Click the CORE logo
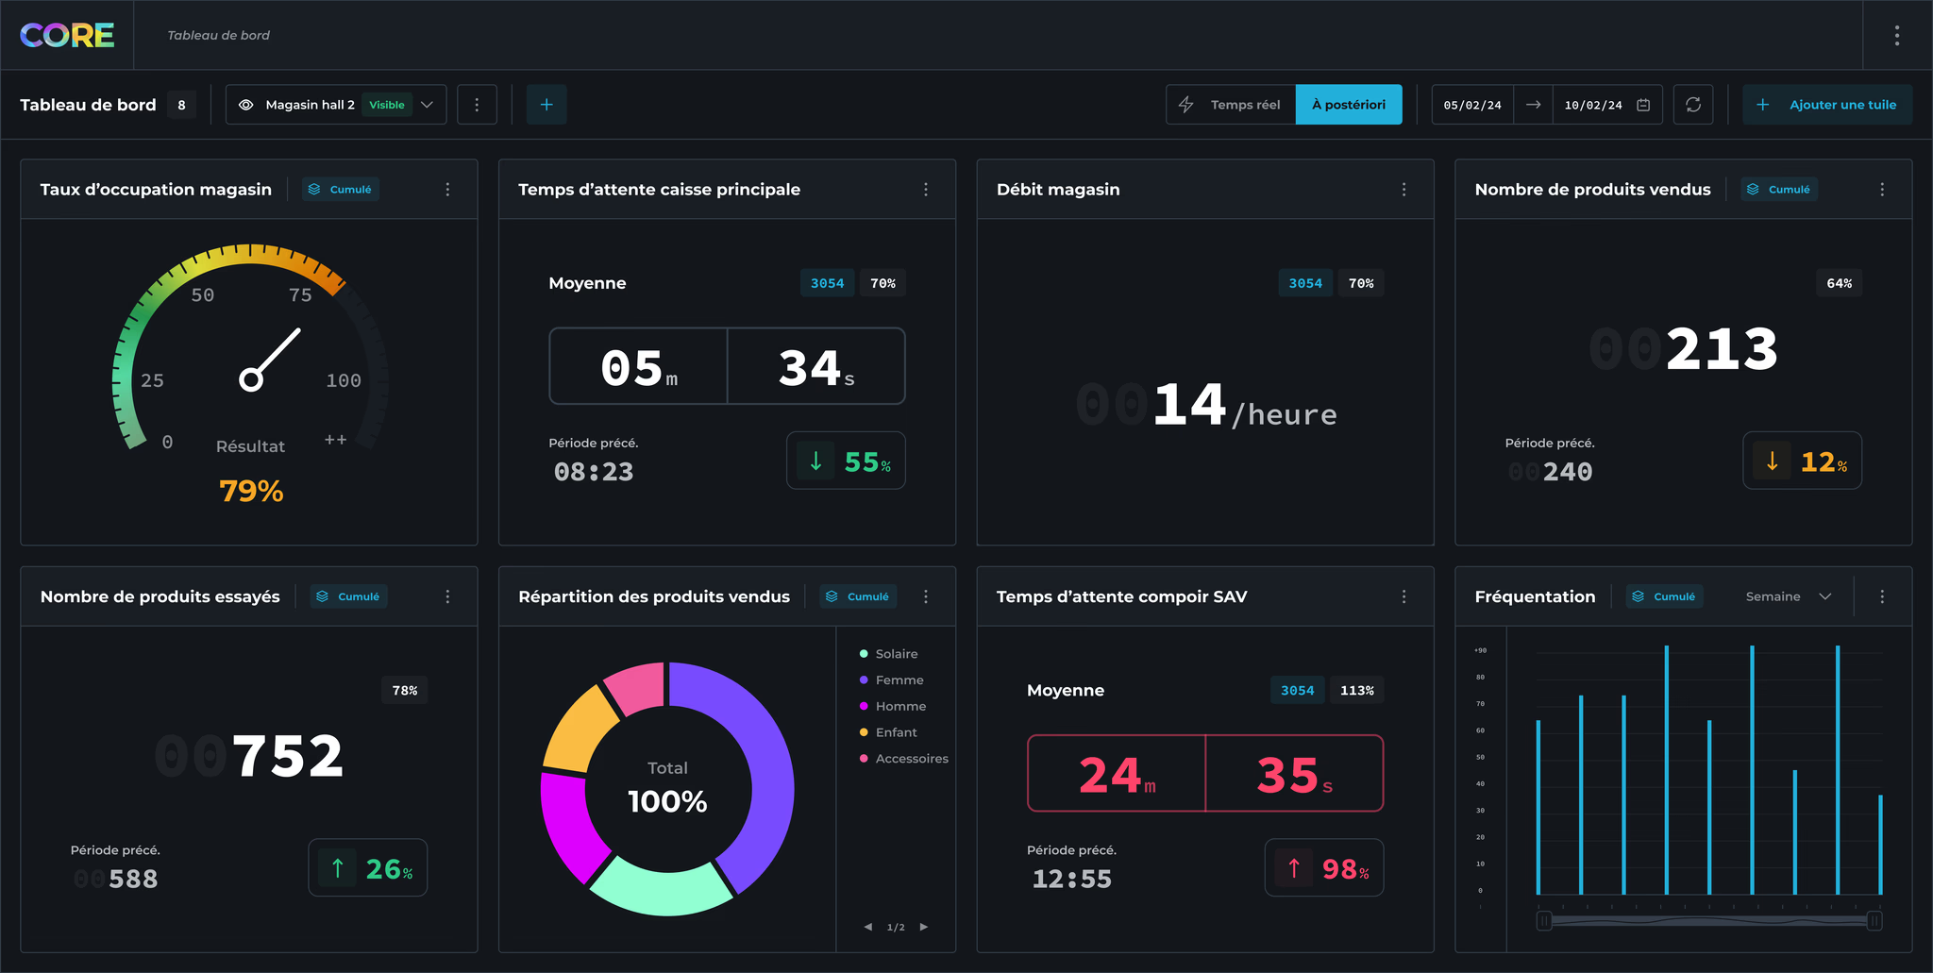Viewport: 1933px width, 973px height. click(67, 36)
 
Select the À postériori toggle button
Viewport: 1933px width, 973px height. click(1348, 105)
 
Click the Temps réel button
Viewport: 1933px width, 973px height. click(1232, 105)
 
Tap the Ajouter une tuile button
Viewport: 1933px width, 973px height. click(1827, 105)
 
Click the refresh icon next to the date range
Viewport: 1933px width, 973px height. click(1693, 105)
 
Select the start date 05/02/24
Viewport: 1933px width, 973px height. click(1472, 105)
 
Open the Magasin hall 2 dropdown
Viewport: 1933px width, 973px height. click(335, 105)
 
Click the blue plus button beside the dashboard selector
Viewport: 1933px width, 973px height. click(546, 105)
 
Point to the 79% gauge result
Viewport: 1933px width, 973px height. click(251, 491)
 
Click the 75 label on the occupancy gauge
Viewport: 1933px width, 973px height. click(300, 295)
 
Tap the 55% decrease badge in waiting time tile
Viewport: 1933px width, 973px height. click(846, 461)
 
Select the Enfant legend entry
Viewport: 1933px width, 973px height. click(895, 732)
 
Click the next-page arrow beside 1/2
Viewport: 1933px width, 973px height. click(924, 927)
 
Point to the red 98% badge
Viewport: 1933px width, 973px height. click(1324, 868)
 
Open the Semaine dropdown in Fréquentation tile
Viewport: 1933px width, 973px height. click(1788, 596)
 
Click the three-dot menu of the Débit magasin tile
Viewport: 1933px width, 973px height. click(1404, 190)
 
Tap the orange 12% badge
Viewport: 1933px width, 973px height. click(1802, 461)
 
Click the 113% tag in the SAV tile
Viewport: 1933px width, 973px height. click(1356, 691)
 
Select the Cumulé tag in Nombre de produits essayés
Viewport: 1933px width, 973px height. click(349, 596)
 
